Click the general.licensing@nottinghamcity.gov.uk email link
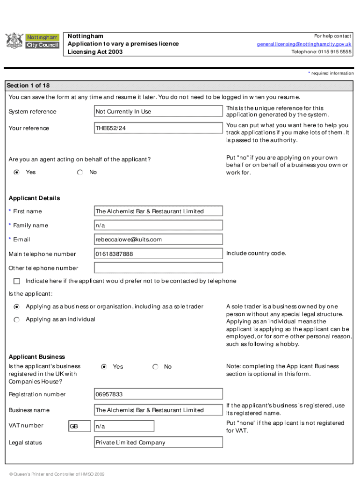click(x=304, y=44)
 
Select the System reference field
click(x=158, y=111)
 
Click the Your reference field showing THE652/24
click(x=158, y=128)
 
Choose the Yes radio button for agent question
click(x=17, y=172)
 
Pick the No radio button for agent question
click(x=80, y=172)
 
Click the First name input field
click(x=158, y=211)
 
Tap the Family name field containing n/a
click(x=158, y=225)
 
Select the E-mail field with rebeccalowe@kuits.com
click(x=158, y=239)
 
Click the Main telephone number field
click(x=158, y=254)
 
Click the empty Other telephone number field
click(x=158, y=268)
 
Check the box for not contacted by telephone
click(x=17, y=281)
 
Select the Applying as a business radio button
click(x=17, y=307)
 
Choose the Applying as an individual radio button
click(x=17, y=319)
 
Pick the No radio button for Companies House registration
click(x=155, y=367)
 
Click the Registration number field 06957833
click(x=158, y=394)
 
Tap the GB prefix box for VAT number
click(x=79, y=426)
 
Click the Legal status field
click(x=158, y=443)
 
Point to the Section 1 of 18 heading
click(x=28, y=86)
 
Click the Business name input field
click(x=158, y=410)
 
